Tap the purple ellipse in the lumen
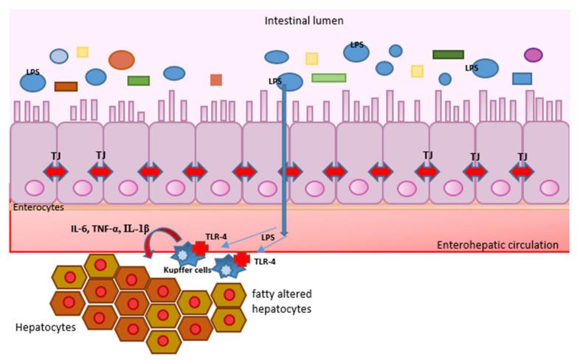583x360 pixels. click(x=533, y=55)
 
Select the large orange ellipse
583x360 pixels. click(x=121, y=60)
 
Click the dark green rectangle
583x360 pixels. click(x=448, y=55)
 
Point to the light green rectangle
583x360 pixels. click(x=328, y=77)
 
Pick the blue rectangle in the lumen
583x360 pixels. click(x=522, y=78)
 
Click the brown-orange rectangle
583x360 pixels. click(x=66, y=86)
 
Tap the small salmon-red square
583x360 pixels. click(x=215, y=80)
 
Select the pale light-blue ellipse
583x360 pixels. click(x=59, y=55)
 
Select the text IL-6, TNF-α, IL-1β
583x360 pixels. click(x=111, y=229)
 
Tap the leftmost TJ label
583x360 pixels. click(x=56, y=156)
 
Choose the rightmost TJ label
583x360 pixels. click(x=522, y=156)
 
